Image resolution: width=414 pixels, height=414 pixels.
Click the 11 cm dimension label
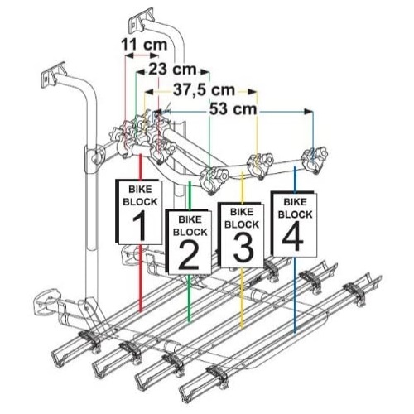coord(144,44)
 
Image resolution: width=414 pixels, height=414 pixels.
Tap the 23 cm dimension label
coord(172,69)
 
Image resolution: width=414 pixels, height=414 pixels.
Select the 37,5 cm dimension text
coord(204,89)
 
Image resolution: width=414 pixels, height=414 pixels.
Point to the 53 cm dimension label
coord(233,109)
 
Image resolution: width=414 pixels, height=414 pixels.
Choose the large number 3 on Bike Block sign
coord(243,247)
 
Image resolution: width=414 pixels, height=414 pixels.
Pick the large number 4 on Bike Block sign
coord(293,236)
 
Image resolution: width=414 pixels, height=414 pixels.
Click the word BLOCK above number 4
coord(295,214)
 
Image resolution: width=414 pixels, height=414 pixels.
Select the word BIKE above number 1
coord(140,190)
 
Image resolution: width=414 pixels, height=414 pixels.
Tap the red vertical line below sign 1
coord(141,278)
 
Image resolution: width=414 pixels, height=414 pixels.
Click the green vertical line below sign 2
coord(189,298)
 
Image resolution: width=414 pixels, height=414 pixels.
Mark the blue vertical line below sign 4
coord(295,296)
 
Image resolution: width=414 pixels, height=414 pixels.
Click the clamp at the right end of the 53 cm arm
coord(315,160)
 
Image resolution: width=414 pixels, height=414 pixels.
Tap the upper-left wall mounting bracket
coord(54,75)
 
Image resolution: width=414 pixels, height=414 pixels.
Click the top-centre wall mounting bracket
coord(142,21)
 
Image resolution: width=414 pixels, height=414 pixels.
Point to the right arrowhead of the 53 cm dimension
coord(309,112)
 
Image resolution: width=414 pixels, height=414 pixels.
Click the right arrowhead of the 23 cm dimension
coord(205,72)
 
